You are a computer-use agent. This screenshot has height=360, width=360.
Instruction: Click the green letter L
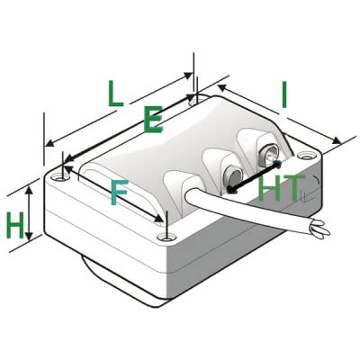point(116,94)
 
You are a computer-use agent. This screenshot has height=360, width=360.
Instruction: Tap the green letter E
point(153,120)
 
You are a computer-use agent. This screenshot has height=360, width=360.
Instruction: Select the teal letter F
point(119,193)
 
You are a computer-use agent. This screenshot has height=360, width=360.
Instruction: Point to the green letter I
point(283,94)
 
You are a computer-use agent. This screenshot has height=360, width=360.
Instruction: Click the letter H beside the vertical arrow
point(15,225)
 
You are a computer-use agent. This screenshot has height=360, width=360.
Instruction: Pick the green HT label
point(280,189)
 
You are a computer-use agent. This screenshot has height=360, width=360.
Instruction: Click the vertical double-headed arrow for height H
point(29,213)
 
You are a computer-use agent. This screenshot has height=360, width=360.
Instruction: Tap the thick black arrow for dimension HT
point(254,177)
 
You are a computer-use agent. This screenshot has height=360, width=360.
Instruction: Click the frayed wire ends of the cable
point(319,229)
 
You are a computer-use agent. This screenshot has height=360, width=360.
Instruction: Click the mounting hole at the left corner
point(58,178)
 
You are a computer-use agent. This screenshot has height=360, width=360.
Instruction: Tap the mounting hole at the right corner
point(305,156)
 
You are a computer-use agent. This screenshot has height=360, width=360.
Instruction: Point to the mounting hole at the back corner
point(195,102)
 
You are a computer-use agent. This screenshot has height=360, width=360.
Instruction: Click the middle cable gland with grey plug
point(233,176)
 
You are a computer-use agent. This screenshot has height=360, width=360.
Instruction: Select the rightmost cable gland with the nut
point(267,155)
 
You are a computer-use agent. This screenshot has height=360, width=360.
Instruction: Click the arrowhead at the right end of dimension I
point(337,140)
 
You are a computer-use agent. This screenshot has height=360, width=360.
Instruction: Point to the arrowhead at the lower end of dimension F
point(158,219)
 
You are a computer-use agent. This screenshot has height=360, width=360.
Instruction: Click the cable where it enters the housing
point(192,196)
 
